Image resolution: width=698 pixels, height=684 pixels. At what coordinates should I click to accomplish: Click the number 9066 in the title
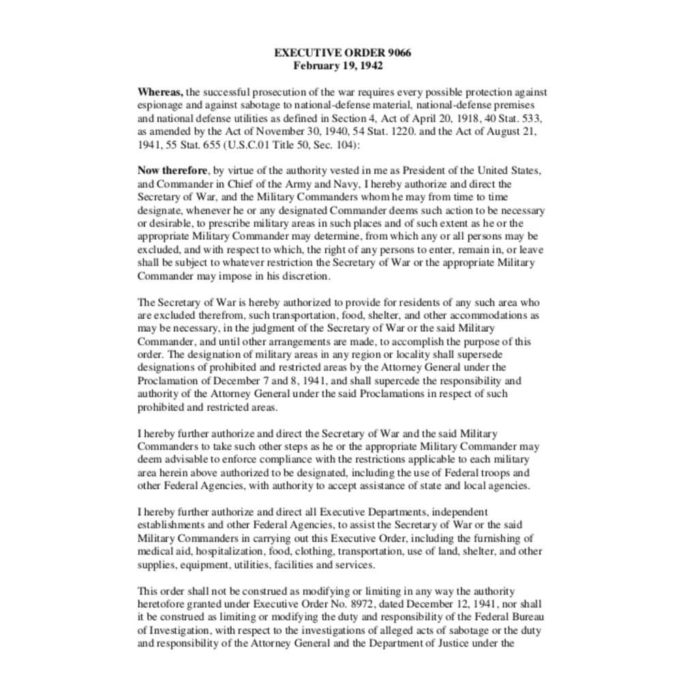tap(399, 53)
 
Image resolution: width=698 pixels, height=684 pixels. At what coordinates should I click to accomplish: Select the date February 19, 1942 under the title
tap(338, 66)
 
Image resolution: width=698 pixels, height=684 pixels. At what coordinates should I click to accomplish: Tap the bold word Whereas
tap(160, 92)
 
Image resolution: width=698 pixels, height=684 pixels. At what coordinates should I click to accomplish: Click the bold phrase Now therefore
tap(172, 170)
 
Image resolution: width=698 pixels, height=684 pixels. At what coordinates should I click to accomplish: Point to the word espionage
tap(159, 105)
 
